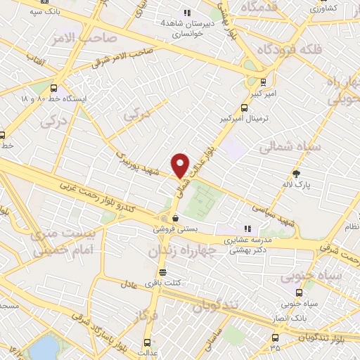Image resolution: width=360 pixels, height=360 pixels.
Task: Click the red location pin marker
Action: tap(181, 165)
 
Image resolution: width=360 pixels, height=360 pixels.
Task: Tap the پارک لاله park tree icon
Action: tap(297, 174)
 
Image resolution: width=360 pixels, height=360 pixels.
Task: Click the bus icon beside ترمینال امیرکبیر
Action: tap(244, 108)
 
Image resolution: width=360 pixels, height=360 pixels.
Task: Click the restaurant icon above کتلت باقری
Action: tap(164, 272)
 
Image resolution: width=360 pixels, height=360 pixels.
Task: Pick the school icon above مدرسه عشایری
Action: tap(247, 228)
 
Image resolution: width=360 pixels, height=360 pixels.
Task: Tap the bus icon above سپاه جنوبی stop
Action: tap(299, 292)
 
